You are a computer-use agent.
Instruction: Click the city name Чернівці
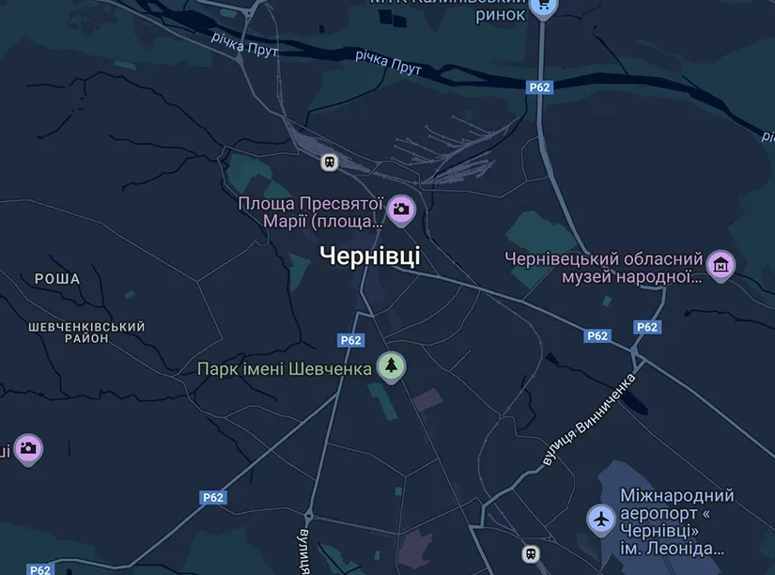pos(370,256)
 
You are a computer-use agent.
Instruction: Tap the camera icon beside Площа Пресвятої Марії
pos(401,209)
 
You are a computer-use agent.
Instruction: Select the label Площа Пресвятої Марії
pos(311,212)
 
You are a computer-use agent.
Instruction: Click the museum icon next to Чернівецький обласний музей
pos(721,265)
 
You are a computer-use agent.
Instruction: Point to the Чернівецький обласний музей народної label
pos(604,267)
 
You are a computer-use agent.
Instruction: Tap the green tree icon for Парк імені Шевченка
pos(391,365)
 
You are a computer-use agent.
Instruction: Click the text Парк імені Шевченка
pos(285,368)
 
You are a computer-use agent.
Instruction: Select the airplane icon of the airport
pos(601,518)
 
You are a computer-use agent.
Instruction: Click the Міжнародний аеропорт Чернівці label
pos(676,521)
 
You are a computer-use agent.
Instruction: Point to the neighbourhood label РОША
pos(57,279)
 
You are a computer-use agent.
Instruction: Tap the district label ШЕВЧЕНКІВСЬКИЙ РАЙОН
pos(86,333)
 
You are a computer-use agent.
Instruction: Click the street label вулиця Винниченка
pos(589,420)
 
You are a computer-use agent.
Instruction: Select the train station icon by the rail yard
pos(330,162)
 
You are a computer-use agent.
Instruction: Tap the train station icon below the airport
pos(531,553)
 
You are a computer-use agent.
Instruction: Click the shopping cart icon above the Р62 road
pos(542,6)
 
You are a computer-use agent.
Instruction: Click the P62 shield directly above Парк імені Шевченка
pos(350,340)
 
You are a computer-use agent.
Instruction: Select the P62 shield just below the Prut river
pos(539,87)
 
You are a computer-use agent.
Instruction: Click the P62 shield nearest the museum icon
pos(646,327)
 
